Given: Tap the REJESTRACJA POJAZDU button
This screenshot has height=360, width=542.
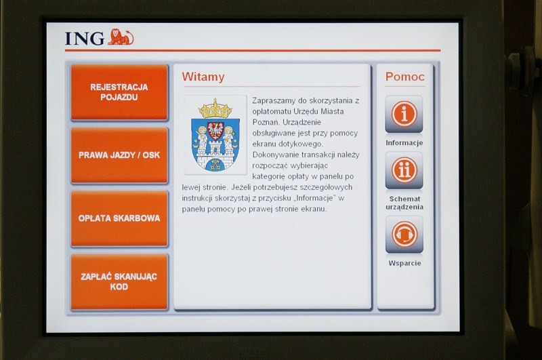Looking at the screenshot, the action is coord(119,92).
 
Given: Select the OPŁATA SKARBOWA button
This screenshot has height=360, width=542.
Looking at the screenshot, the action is coord(119,218).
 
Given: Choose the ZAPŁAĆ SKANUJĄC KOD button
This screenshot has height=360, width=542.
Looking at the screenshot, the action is coord(119,281).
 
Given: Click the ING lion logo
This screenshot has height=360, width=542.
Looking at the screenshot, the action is coord(121,37).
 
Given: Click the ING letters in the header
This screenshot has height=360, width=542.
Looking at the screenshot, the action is coord(85,39).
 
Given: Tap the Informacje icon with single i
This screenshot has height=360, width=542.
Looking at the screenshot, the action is coord(404,114).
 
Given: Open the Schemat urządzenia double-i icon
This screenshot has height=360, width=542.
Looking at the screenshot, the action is coord(404,170).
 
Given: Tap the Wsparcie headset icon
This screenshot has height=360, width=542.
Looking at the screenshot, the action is coord(404,235).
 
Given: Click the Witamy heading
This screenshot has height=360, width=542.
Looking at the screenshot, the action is coord(203,77).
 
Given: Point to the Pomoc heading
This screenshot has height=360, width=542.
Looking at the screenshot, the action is coord(404,77).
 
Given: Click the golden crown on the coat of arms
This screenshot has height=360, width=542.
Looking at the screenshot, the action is coord(215,108).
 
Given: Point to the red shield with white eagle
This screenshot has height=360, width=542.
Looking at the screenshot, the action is coord(215,131).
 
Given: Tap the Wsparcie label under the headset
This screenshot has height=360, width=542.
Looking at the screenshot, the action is coord(404,263).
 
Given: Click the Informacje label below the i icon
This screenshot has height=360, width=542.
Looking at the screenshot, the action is coord(404,143).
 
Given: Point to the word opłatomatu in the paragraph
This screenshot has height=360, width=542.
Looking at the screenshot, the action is coord(272,112).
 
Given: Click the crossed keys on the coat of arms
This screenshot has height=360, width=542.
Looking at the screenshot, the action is coord(215,163).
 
